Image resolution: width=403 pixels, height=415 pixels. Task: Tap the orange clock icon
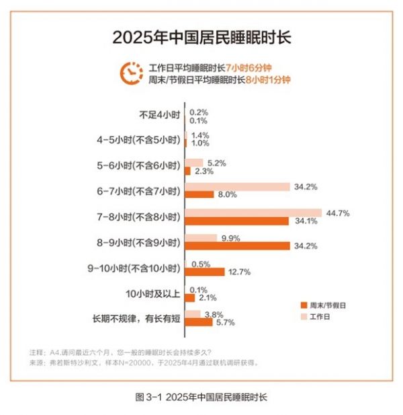coord(130,73)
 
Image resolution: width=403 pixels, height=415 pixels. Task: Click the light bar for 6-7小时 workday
coord(237,186)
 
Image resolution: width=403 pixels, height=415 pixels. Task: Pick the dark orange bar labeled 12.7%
coord(205,272)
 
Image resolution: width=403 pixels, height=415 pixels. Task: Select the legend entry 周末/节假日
coord(328,305)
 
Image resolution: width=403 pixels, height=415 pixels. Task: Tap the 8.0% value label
coord(225,194)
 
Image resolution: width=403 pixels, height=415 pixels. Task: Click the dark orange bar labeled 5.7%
coord(199,322)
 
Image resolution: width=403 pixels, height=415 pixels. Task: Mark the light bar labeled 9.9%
coord(201,237)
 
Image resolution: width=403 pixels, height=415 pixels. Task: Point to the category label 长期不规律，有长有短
coord(136,318)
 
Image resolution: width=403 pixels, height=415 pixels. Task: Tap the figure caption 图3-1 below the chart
coord(201,397)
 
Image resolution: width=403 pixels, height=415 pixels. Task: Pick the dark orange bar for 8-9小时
coord(237,246)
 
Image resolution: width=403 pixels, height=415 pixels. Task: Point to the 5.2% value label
coord(216,162)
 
